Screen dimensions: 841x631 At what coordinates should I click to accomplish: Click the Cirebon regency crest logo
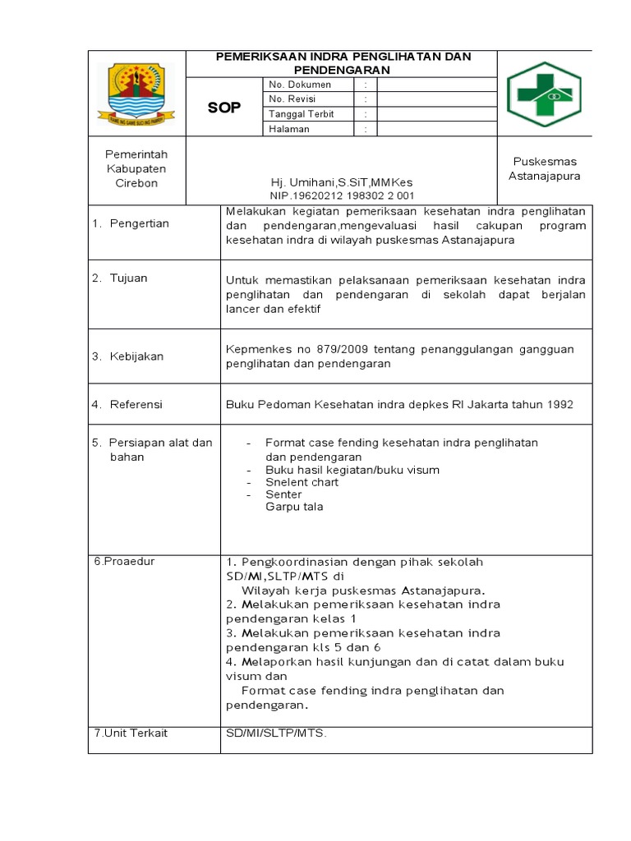point(136,92)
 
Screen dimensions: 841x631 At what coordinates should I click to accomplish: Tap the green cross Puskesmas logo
point(543,94)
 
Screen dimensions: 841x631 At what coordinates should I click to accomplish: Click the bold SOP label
point(223,108)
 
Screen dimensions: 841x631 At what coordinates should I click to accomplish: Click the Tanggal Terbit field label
point(302,114)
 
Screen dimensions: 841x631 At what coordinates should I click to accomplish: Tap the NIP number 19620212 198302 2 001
point(343,195)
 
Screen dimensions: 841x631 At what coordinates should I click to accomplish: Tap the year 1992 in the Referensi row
point(558,404)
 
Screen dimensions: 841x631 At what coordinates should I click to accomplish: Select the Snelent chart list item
point(302,482)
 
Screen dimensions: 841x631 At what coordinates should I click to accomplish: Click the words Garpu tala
point(294,507)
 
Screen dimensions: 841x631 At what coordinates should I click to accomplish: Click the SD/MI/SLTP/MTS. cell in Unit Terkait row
point(276,733)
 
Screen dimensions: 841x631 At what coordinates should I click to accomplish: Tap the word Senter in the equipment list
point(283,494)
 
